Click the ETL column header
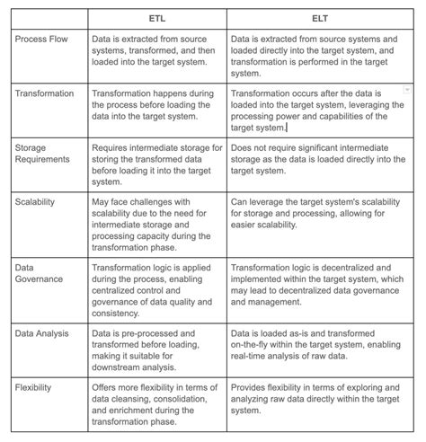click(x=158, y=17)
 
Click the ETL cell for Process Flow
click(x=158, y=52)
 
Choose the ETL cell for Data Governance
click(x=158, y=287)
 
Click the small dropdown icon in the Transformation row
click(x=406, y=91)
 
